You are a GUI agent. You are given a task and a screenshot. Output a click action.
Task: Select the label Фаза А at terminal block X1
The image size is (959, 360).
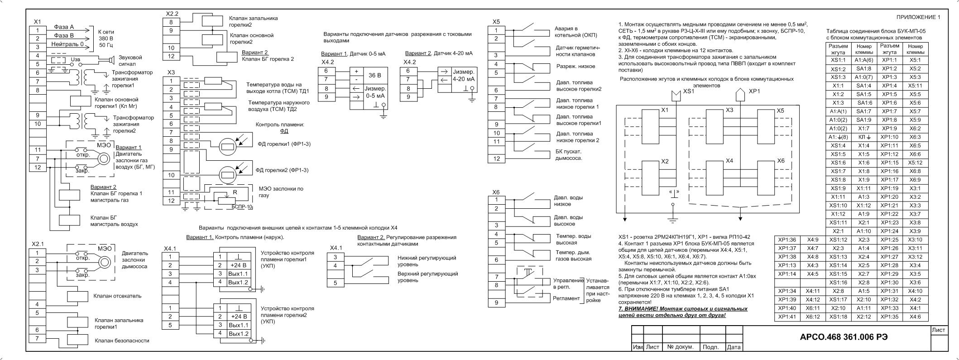[64, 27]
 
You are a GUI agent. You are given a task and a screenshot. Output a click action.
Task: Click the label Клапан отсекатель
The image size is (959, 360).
[118, 296]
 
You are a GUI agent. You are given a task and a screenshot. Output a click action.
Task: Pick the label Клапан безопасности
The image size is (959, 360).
[122, 341]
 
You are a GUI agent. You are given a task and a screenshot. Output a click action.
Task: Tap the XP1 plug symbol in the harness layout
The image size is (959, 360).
[741, 95]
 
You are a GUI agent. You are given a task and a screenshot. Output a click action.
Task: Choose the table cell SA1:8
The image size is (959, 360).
[864, 69]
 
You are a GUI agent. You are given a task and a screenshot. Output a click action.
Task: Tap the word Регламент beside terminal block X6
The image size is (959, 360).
[566, 298]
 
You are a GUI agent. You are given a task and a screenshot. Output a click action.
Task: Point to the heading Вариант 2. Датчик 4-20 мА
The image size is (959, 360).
[438, 53]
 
